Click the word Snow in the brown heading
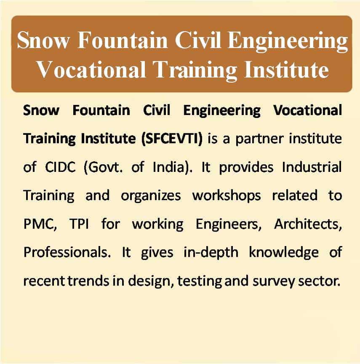point(43,40)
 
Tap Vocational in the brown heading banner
point(91,70)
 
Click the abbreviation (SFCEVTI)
point(172,139)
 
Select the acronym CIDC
point(60,167)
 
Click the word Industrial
point(312,167)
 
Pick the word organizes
point(151,196)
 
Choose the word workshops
point(227,196)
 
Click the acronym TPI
point(79,224)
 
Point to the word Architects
point(308,224)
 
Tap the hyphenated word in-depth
point(211,253)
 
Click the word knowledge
point(284,253)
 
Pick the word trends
point(89,281)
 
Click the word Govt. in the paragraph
point(103,167)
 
